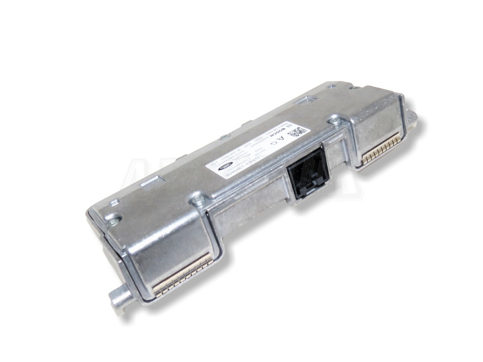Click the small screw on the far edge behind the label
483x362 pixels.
[x=225, y=137]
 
